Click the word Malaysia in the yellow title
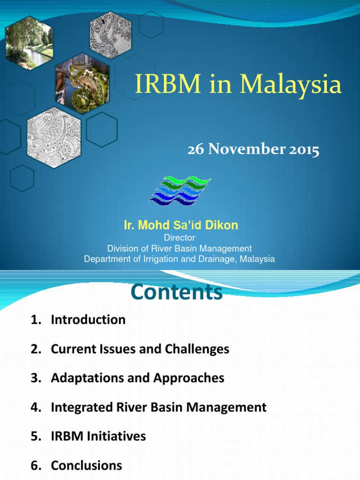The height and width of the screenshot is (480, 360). [291, 85]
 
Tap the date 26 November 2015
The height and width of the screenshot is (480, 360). [253, 150]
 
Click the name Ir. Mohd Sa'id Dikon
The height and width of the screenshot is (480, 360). [180, 225]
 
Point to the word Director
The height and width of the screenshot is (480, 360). [179, 238]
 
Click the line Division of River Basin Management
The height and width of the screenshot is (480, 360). [179, 248]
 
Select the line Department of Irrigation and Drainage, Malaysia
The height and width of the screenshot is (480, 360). [179, 259]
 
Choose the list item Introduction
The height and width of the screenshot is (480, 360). [88, 320]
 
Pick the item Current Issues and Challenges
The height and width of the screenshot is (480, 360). [140, 349]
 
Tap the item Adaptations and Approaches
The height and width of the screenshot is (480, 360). [137, 378]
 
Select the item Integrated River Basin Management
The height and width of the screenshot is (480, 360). [158, 407]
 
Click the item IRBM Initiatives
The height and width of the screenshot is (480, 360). [98, 436]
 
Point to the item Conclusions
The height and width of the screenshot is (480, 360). [86, 465]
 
